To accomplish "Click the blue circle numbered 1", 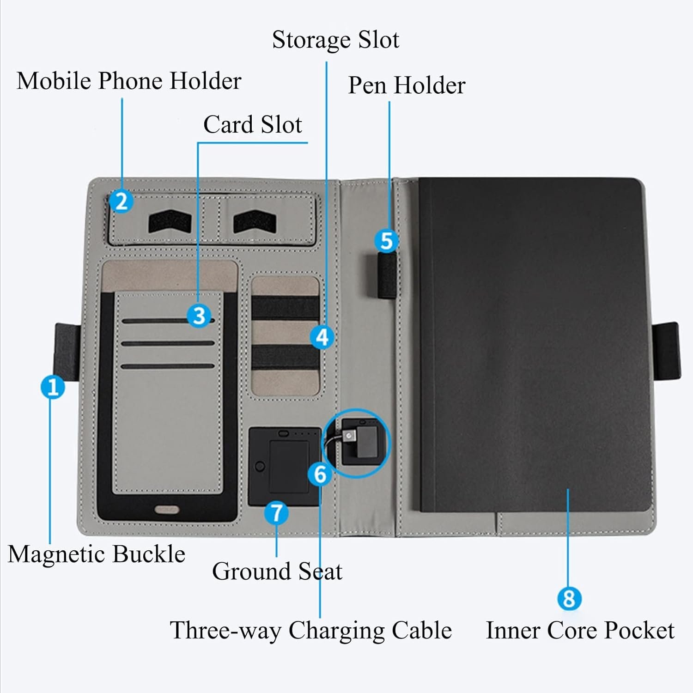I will [x=53, y=387].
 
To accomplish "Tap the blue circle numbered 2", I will [x=122, y=201].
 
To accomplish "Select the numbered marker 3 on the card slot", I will [x=199, y=316].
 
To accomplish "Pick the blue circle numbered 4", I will [x=322, y=337].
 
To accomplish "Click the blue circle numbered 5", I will [x=386, y=241].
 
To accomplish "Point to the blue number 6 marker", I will [x=320, y=474].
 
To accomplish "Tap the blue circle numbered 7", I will [x=276, y=513].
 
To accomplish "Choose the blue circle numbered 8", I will [x=569, y=599].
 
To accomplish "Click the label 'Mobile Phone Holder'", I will [x=129, y=81].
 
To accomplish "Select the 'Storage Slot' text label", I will [x=335, y=40].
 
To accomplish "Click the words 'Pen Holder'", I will [x=407, y=85].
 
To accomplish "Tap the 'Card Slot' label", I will [x=252, y=125].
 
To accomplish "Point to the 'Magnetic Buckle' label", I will [x=96, y=554].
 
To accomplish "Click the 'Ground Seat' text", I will [x=277, y=571].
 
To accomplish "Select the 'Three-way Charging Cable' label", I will [x=310, y=630].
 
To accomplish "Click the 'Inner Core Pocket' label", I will [x=580, y=631].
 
